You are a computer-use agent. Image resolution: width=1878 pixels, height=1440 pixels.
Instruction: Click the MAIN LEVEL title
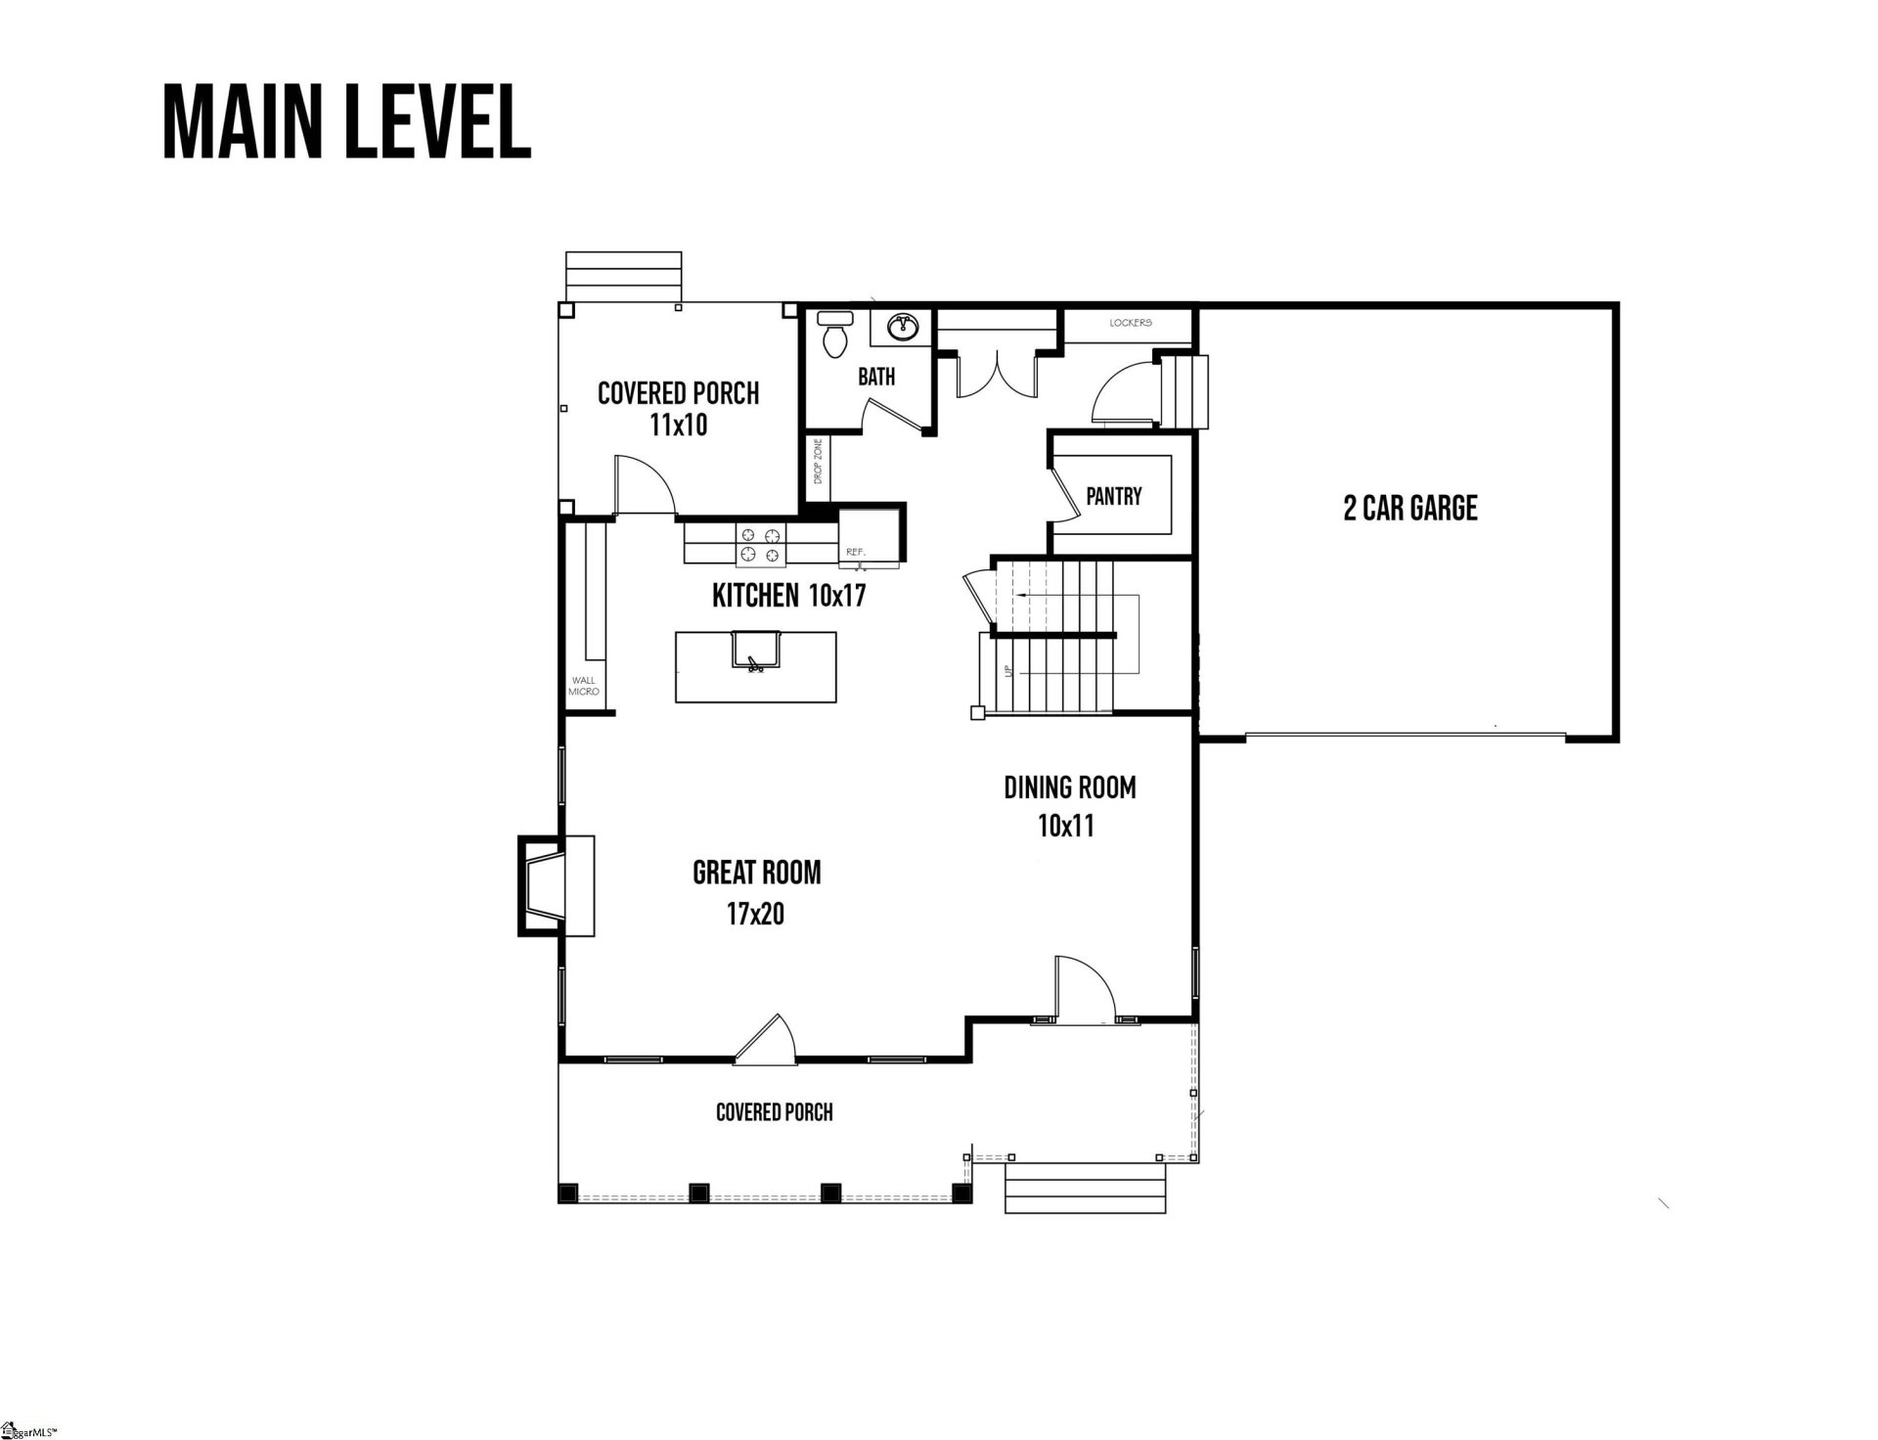346,122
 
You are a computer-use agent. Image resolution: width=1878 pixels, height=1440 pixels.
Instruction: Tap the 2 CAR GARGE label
1409,509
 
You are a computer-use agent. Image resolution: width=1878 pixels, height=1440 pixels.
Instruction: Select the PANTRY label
1113,496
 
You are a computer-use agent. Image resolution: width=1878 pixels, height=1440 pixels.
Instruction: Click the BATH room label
875,377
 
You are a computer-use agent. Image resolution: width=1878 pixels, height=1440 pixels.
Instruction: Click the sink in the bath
902,328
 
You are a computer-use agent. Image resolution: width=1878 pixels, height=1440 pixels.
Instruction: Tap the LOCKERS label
1130,323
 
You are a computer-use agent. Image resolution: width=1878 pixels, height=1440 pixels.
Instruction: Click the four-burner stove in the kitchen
760,545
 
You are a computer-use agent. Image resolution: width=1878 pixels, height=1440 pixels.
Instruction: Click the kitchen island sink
754,650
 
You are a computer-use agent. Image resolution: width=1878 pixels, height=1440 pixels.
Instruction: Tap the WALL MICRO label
583,686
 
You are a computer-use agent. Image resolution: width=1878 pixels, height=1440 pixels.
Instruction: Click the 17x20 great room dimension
755,915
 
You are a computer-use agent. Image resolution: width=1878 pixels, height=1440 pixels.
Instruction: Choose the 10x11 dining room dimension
1066,827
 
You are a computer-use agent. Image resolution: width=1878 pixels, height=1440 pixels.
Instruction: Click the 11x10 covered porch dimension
678,426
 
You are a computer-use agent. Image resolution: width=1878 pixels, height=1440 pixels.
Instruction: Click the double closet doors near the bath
995,375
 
